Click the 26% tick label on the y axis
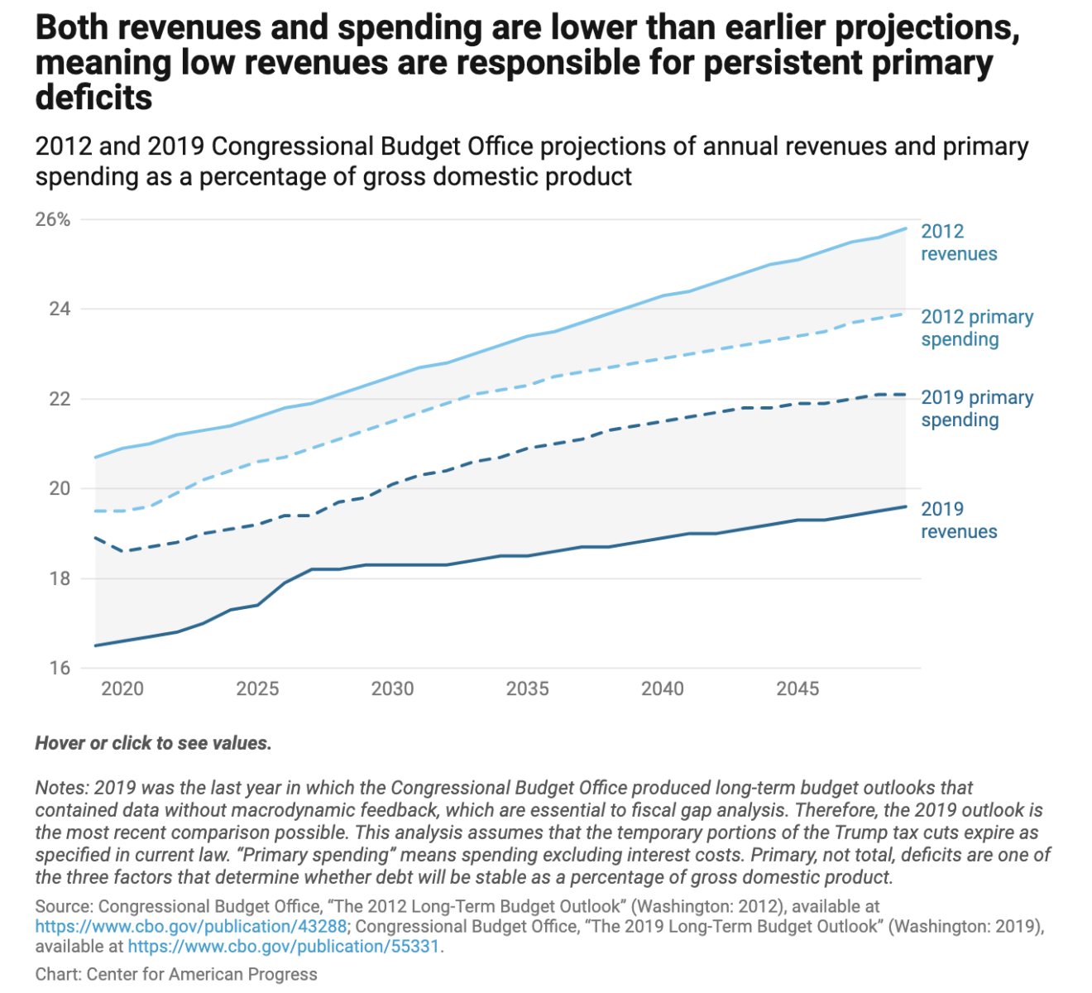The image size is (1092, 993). [x=53, y=220]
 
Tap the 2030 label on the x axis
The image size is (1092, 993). [x=392, y=688]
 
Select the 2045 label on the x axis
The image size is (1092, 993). [x=797, y=688]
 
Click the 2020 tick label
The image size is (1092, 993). [x=122, y=688]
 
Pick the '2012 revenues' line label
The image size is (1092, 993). [x=959, y=242]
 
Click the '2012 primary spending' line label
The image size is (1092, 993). [x=977, y=328]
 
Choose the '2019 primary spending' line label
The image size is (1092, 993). [x=977, y=409]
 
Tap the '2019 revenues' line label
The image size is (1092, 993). [x=959, y=520]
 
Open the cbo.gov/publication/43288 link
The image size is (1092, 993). [x=190, y=926]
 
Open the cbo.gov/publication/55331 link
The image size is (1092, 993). [x=285, y=946]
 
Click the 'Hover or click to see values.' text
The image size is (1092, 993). [x=153, y=743]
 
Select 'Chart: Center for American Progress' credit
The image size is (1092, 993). [x=176, y=974]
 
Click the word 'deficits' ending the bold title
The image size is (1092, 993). [x=93, y=98]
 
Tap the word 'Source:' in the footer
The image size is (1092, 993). [x=64, y=906]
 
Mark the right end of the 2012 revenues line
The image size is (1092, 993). [x=907, y=228]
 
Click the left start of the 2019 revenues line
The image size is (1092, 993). [x=96, y=645]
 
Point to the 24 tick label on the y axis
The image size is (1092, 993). [x=60, y=309]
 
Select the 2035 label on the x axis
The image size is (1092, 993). [x=528, y=688]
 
